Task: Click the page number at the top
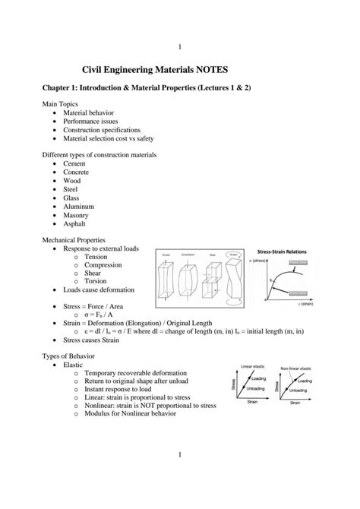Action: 179,27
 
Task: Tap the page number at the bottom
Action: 179,476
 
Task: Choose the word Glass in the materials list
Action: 71,198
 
